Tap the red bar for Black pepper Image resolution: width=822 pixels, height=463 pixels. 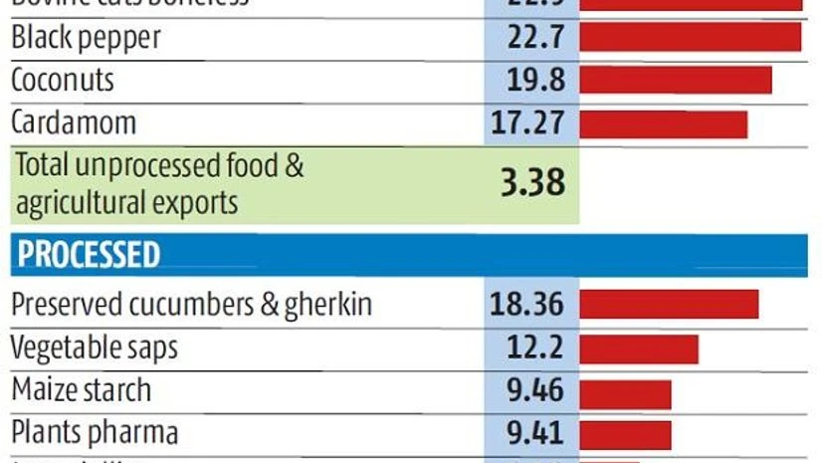pos(690,38)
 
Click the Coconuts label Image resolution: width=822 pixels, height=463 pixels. pos(62,80)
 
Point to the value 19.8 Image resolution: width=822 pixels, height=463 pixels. pos(532,81)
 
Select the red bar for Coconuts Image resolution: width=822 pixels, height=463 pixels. pos(675,81)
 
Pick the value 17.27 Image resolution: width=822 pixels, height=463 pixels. pos(527,123)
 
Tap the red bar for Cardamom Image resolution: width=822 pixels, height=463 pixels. pos(663,124)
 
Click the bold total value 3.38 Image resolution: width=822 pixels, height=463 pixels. pos(532,182)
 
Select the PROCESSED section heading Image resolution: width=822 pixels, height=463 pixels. pos(88,255)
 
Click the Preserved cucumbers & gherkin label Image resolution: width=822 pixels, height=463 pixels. pos(191,304)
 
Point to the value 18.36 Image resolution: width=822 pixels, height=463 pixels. pos(526,304)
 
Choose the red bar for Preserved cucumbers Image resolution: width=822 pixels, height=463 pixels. pos(669,305)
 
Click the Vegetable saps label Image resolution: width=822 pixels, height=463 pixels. pos(95,347)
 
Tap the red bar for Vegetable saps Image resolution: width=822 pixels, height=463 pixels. pos(638,348)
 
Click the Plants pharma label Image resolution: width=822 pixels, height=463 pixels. pos(95,433)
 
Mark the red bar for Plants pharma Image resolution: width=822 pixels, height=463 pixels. pos(625,435)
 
